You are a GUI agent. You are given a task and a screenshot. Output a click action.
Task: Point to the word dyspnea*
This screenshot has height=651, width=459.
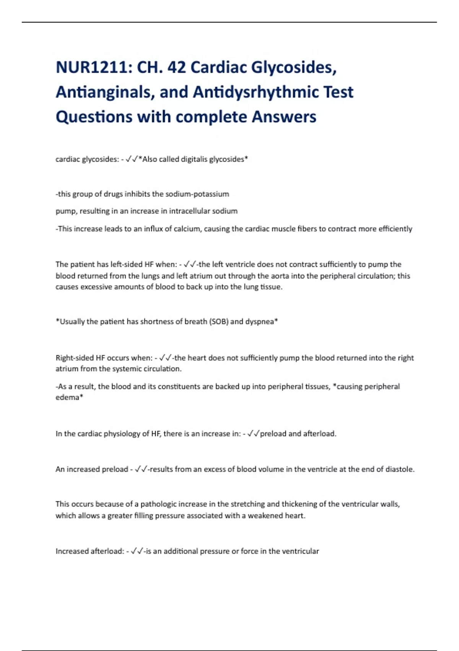pos(262,322)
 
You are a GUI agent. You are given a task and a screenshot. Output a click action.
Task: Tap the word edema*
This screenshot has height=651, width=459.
pos(69,397)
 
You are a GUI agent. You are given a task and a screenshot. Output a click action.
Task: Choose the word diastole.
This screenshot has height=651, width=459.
pos(400,469)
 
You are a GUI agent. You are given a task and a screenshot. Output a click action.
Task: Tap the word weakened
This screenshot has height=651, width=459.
pos(265,516)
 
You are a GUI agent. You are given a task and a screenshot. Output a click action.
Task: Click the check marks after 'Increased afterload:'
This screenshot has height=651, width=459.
pos(137,551)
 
